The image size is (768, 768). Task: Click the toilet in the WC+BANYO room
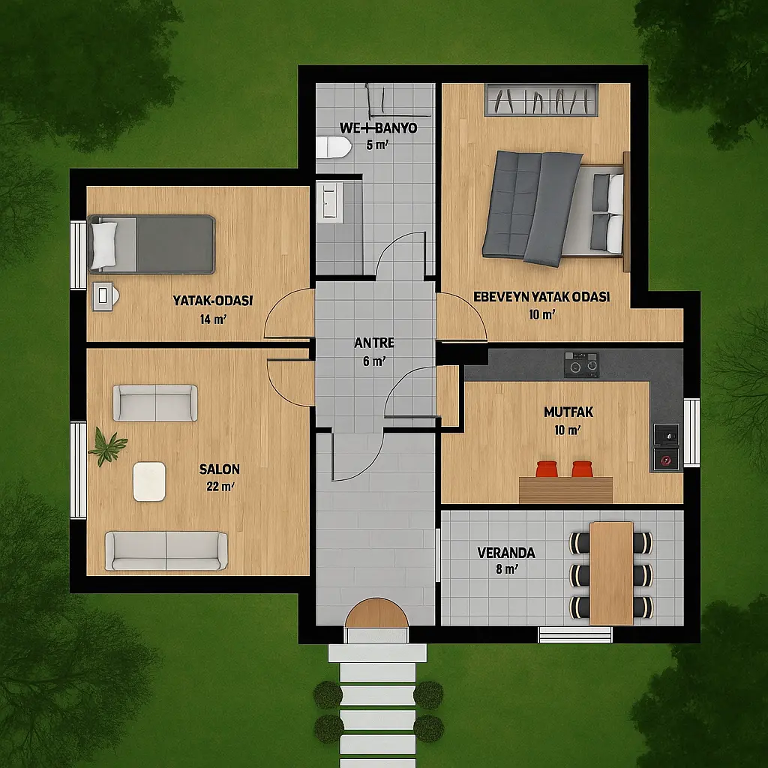[x=333, y=147]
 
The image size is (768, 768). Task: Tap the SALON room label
[x=220, y=469]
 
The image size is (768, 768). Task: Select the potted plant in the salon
[x=106, y=445]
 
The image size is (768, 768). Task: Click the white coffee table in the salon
[x=149, y=481]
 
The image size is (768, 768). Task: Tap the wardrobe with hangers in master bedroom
[x=541, y=100]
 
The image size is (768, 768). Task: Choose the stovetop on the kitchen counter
[x=581, y=364]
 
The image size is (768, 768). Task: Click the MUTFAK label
[x=568, y=412]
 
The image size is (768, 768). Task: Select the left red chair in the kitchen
[x=547, y=469]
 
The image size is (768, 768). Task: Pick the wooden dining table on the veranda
[x=611, y=573]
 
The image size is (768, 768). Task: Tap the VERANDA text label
[x=506, y=553]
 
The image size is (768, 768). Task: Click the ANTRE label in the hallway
[x=374, y=343]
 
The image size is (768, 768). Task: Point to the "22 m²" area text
[x=220, y=487]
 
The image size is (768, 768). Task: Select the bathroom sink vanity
[x=330, y=202]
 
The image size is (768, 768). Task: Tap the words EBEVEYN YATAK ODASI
[x=541, y=297]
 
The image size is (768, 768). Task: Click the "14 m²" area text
[x=213, y=319]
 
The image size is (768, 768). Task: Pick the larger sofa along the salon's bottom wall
[x=166, y=551]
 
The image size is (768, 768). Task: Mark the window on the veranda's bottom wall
[x=575, y=634]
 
